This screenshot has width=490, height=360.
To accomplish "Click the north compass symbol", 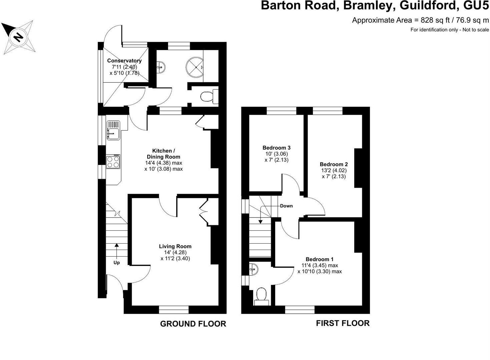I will [x=18, y=36].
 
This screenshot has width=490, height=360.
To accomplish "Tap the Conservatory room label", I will [x=124, y=61].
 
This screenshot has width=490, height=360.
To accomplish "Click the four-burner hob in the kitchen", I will [x=113, y=162].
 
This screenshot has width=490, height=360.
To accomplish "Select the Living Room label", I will [x=175, y=246].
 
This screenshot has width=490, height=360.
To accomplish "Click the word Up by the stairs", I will [x=117, y=263].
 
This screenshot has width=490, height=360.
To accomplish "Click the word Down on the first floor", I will [x=286, y=206].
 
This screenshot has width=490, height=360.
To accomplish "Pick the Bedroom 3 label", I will [x=277, y=148].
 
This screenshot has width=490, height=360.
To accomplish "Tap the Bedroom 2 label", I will [x=334, y=164].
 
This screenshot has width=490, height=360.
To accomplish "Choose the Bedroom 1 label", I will [x=320, y=259].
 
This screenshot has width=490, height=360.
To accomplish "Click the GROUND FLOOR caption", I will [x=193, y=324].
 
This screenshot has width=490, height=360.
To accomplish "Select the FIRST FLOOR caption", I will [x=343, y=323].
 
